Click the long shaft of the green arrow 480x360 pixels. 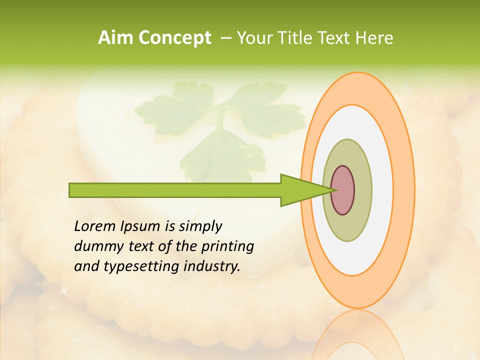[175, 190]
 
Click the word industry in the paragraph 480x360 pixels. [212, 266]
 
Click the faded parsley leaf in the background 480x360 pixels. [220, 125]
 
